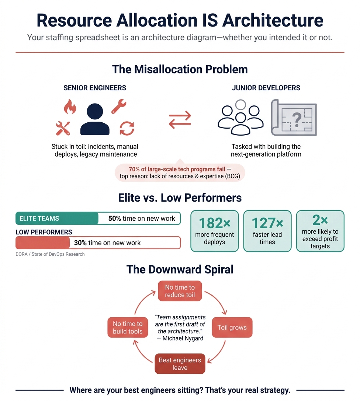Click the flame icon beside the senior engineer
pos(69,107)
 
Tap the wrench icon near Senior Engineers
pos(119,107)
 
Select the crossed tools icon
pos(63,128)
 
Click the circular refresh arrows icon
pos(127,128)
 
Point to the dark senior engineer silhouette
pos(95,119)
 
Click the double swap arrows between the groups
pos(180,120)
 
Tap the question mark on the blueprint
pos(296,119)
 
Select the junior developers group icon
pos(240,117)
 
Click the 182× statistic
pos(214,223)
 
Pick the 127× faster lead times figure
pos(267,223)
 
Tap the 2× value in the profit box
pos(320,220)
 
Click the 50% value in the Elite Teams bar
pos(114,219)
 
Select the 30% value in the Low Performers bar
pos(80,243)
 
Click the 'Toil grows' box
pos(232,327)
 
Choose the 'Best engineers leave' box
pos(180,364)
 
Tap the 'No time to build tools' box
pos(128,327)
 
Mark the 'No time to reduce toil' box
pos(180,291)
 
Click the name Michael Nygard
pos(183,338)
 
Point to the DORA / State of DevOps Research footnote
pos(50,254)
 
